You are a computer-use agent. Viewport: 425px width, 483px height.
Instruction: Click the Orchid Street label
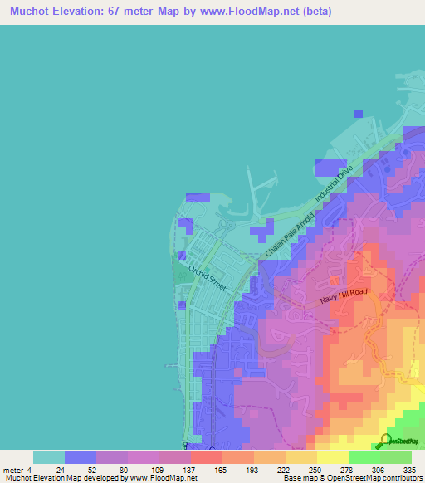(208, 276)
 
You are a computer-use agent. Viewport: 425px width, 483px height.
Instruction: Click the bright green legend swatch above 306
(364, 457)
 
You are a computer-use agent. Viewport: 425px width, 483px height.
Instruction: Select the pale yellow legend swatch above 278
(332, 457)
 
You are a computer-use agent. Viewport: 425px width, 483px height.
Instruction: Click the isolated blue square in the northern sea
(358, 113)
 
